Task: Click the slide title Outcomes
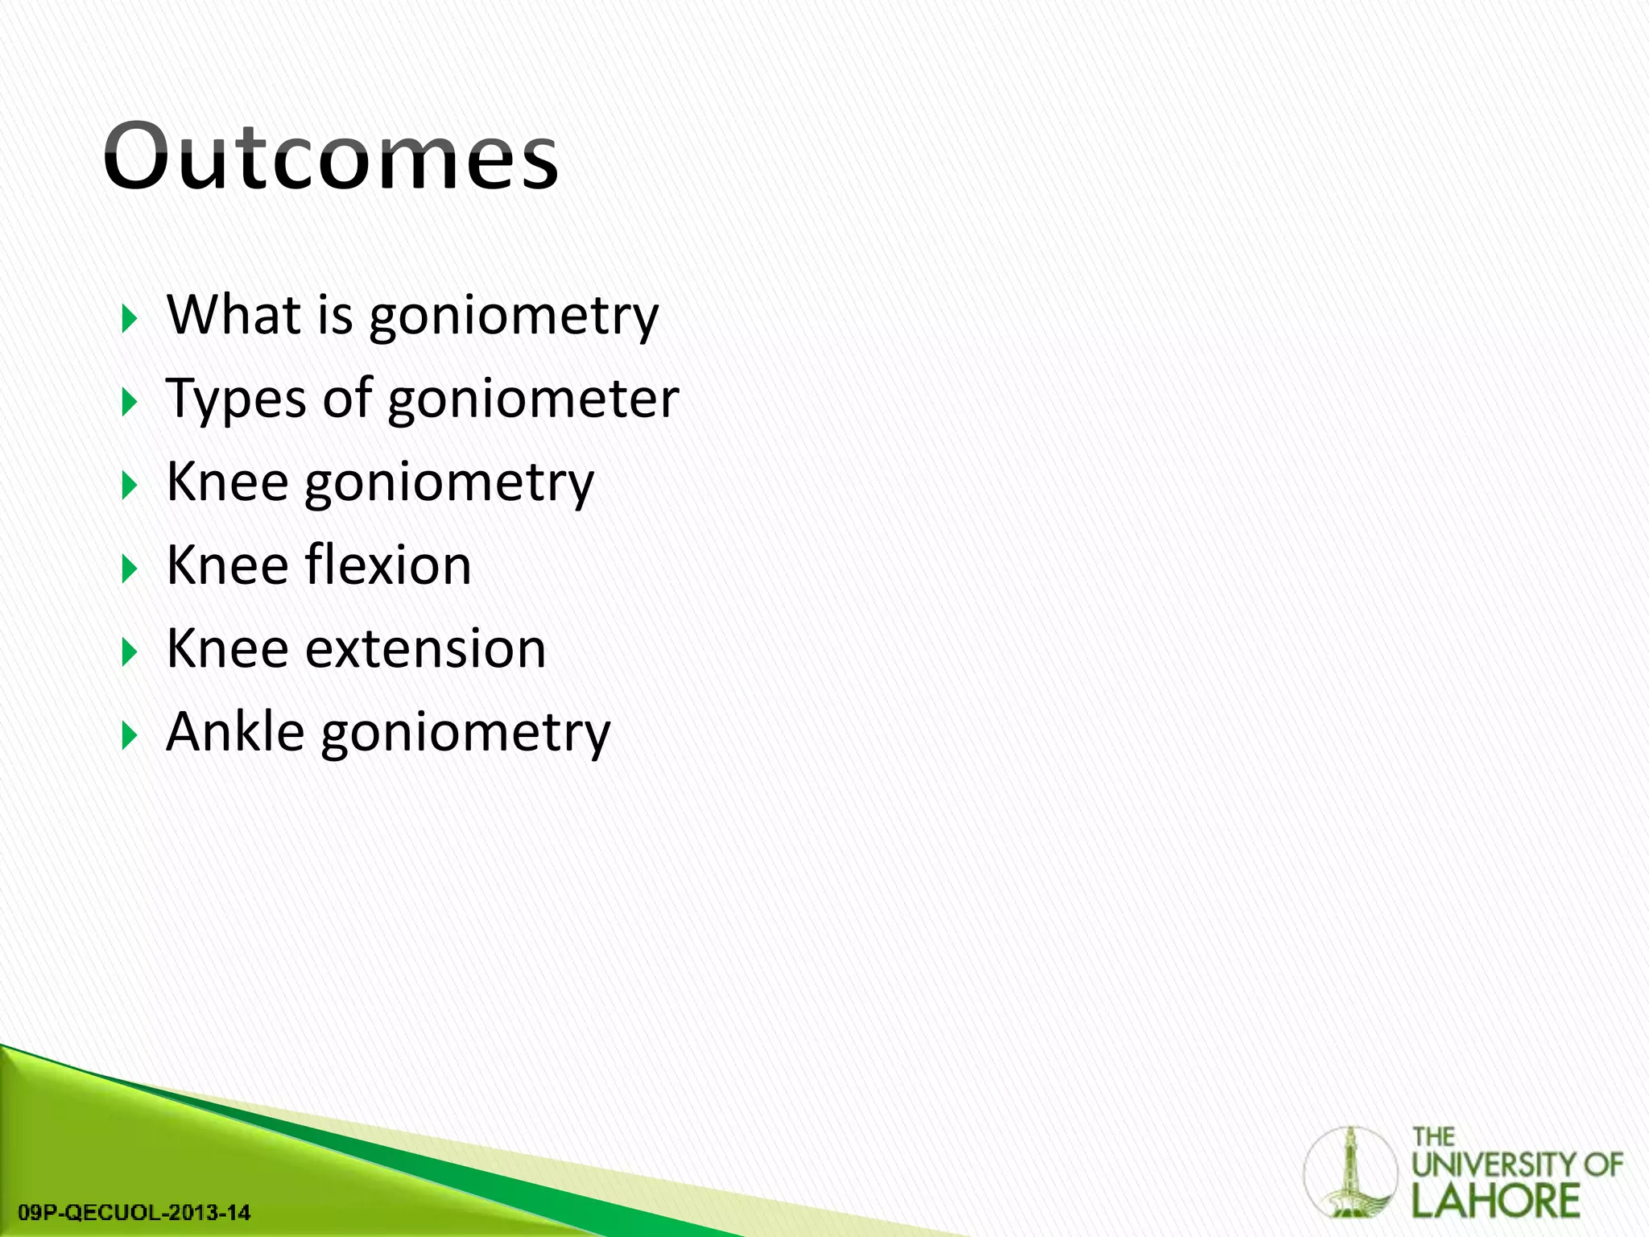click(330, 157)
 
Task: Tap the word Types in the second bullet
click(235, 399)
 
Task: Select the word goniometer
click(533, 399)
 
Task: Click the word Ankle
click(235, 733)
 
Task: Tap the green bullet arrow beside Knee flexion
click(130, 569)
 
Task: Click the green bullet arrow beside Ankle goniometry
click(130, 736)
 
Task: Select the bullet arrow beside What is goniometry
click(130, 319)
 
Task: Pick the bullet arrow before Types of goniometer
click(130, 402)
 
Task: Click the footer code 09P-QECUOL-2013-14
click(134, 1212)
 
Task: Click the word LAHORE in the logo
click(1496, 1201)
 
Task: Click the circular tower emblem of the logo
click(1350, 1172)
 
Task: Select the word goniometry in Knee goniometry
click(448, 483)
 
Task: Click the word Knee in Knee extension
click(227, 649)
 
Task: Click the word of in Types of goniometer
click(347, 399)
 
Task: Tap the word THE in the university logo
click(1433, 1137)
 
